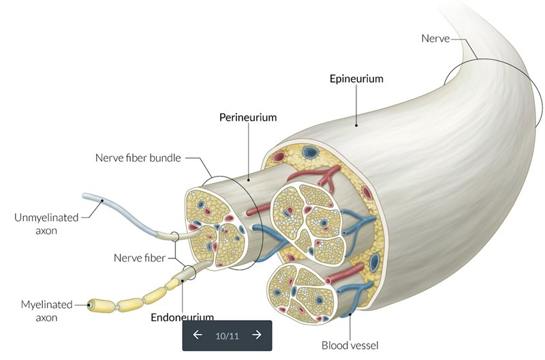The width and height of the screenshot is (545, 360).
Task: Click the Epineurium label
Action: point(356,78)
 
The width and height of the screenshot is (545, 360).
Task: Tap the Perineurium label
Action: point(248,117)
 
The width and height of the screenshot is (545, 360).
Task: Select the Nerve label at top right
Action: point(436,39)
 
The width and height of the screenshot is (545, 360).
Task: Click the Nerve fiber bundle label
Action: point(137,158)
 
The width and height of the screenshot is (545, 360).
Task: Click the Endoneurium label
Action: point(182,316)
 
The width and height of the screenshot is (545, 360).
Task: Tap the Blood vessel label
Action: point(350,344)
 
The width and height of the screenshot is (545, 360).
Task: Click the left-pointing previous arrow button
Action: point(198,335)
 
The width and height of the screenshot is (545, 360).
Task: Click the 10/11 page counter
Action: point(227,335)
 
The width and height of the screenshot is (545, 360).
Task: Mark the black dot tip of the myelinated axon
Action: point(89,305)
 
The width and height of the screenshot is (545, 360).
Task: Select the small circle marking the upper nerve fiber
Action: point(175,237)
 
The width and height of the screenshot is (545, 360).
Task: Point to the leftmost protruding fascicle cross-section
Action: point(215,226)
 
